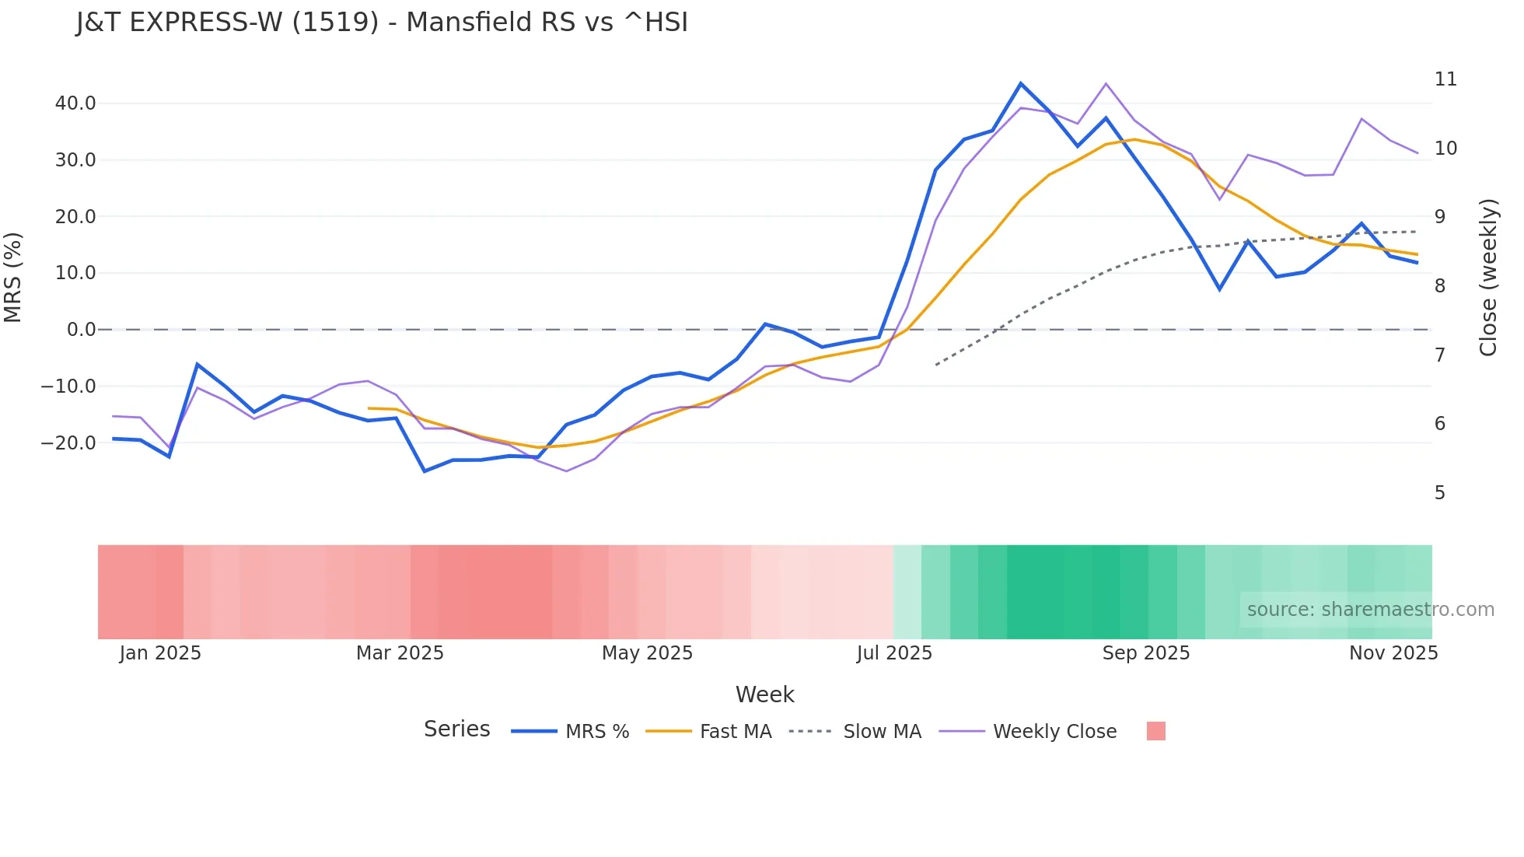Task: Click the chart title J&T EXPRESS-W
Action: point(382,23)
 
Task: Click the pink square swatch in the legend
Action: point(1155,731)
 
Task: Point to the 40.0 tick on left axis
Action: point(75,103)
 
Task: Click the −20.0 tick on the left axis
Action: point(68,442)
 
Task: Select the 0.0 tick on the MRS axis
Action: point(81,330)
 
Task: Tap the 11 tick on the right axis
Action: point(1445,79)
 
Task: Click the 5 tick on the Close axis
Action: point(1440,493)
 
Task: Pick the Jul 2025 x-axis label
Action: point(894,653)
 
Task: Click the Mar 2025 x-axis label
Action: point(400,653)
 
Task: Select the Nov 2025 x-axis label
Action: point(1393,653)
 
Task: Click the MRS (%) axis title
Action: point(13,277)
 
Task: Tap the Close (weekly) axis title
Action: point(1488,278)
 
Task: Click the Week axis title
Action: point(764,694)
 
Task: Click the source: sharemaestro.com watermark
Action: point(1370,610)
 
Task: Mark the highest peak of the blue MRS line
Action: point(1021,83)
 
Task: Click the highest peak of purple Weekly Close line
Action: point(1106,83)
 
